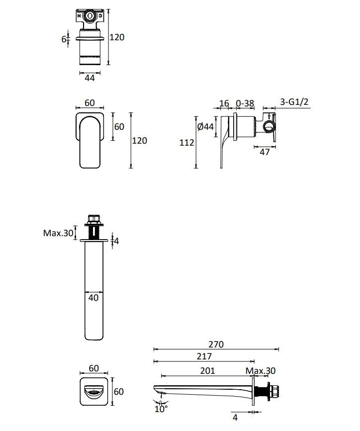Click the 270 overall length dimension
point(216,344)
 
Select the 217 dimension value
point(204,356)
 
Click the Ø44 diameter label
point(205,127)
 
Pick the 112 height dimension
point(186,143)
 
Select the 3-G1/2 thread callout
point(294,102)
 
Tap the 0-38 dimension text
point(245,103)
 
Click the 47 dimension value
point(265,152)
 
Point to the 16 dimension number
point(224,103)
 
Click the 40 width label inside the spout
point(93,298)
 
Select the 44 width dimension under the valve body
point(89,78)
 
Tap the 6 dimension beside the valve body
point(64,39)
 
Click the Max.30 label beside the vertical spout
point(58,233)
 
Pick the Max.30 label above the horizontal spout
point(261,371)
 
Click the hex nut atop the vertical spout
point(93,218)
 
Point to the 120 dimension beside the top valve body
point(117,37)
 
